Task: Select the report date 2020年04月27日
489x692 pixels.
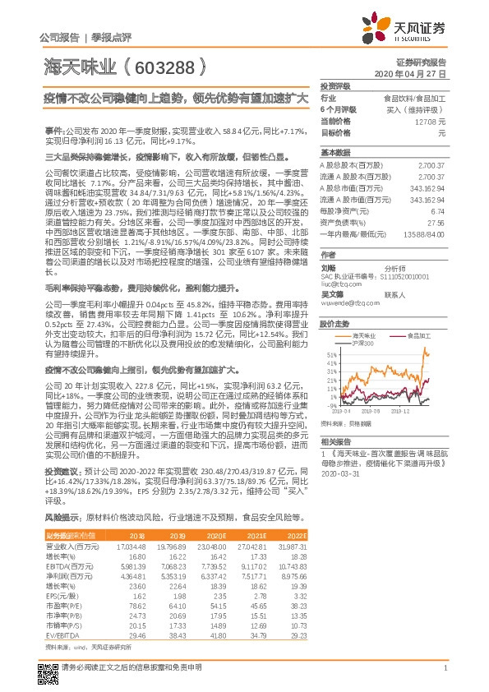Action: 420,73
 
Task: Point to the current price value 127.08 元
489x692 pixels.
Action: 431,121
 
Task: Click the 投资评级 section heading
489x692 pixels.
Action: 335,85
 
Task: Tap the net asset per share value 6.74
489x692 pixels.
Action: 438,210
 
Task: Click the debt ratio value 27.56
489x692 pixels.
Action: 436,222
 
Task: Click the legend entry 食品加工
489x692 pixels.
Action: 419,336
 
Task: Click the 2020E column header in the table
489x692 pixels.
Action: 218,535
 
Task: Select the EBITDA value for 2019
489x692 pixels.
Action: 172,566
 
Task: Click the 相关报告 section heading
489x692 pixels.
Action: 335,441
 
